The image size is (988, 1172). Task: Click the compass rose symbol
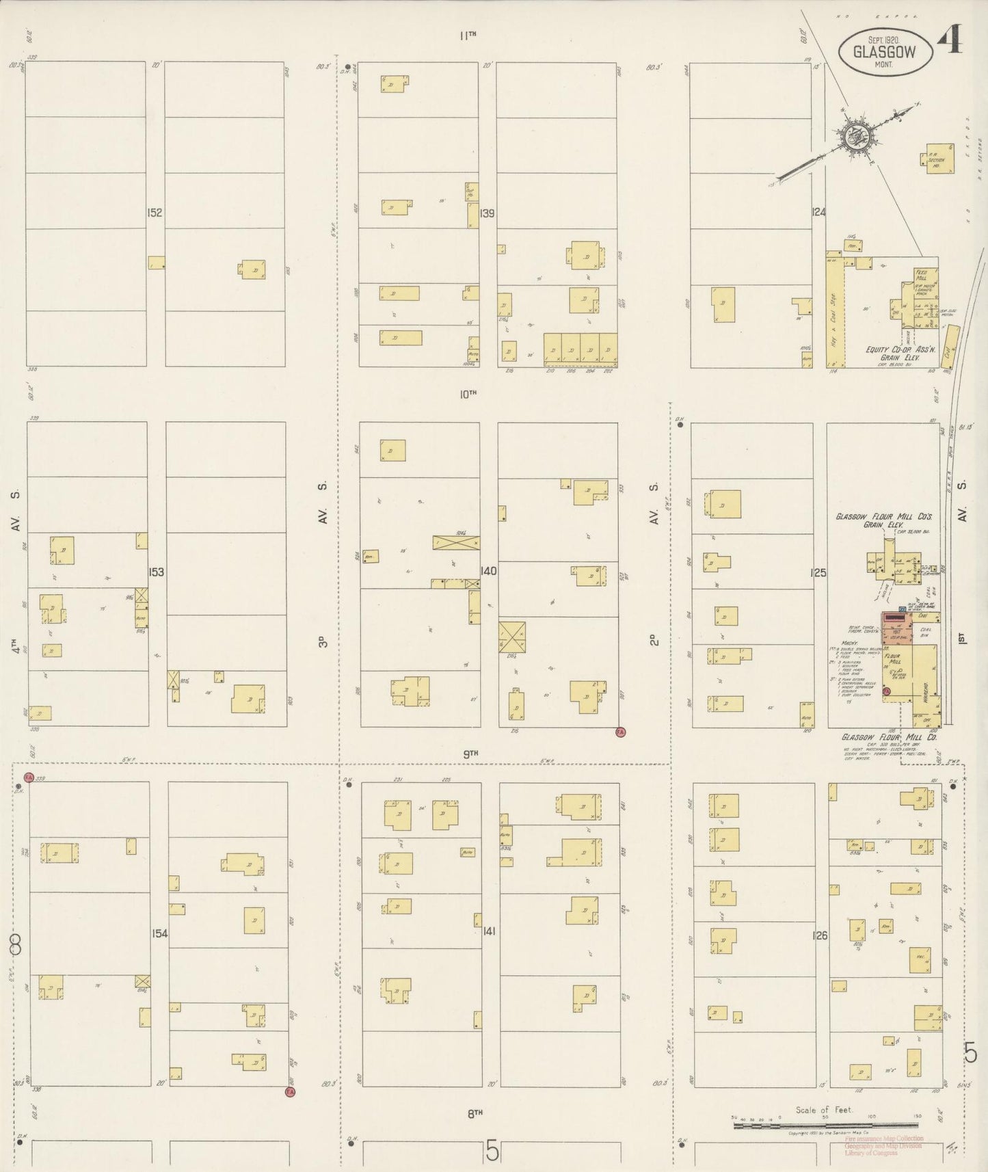854,136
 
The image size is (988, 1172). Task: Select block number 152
155,213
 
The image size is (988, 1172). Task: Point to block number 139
487,213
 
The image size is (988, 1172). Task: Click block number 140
488,571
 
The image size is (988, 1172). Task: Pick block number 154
159,933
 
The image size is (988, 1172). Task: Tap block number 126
820,935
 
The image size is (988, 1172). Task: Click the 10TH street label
468,394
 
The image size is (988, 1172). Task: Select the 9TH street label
470,754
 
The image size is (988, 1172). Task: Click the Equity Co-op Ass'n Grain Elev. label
892,353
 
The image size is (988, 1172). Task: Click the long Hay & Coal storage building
833,311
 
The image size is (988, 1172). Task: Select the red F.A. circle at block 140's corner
621,732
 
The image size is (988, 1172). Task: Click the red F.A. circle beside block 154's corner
289,1092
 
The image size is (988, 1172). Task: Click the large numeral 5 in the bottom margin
492,1151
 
